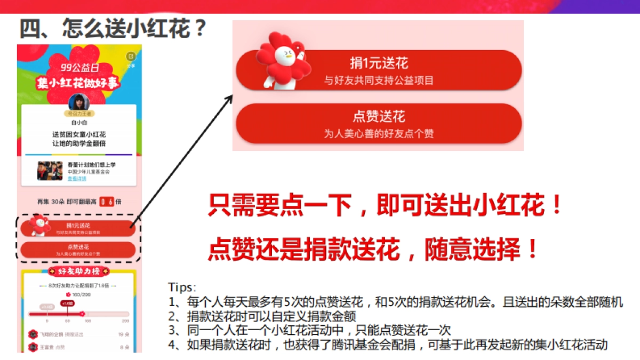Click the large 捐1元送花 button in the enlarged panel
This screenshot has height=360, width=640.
click(x=379, y=70)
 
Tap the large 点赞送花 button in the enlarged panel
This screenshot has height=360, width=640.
click(x=379, y=124)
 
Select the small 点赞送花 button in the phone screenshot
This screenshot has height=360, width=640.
click(x=78, y=249)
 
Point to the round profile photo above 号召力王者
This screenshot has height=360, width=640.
click(x=78, y=103)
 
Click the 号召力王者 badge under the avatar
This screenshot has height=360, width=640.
click(x=78, y=114)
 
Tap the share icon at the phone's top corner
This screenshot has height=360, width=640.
click(x=131, y=57)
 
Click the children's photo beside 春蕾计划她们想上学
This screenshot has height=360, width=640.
click(x=50, y=171)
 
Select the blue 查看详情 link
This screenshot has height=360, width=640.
click(x=76, y=178)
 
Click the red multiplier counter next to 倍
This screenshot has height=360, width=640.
click(x=108, y=202)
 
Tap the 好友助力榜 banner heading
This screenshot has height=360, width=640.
click(x=78, y=271)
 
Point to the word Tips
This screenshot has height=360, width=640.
click(x=182, y=287)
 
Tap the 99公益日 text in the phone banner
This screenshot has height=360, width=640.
click(x=78, y=68)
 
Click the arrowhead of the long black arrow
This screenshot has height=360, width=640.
click(x=230, y=98)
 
